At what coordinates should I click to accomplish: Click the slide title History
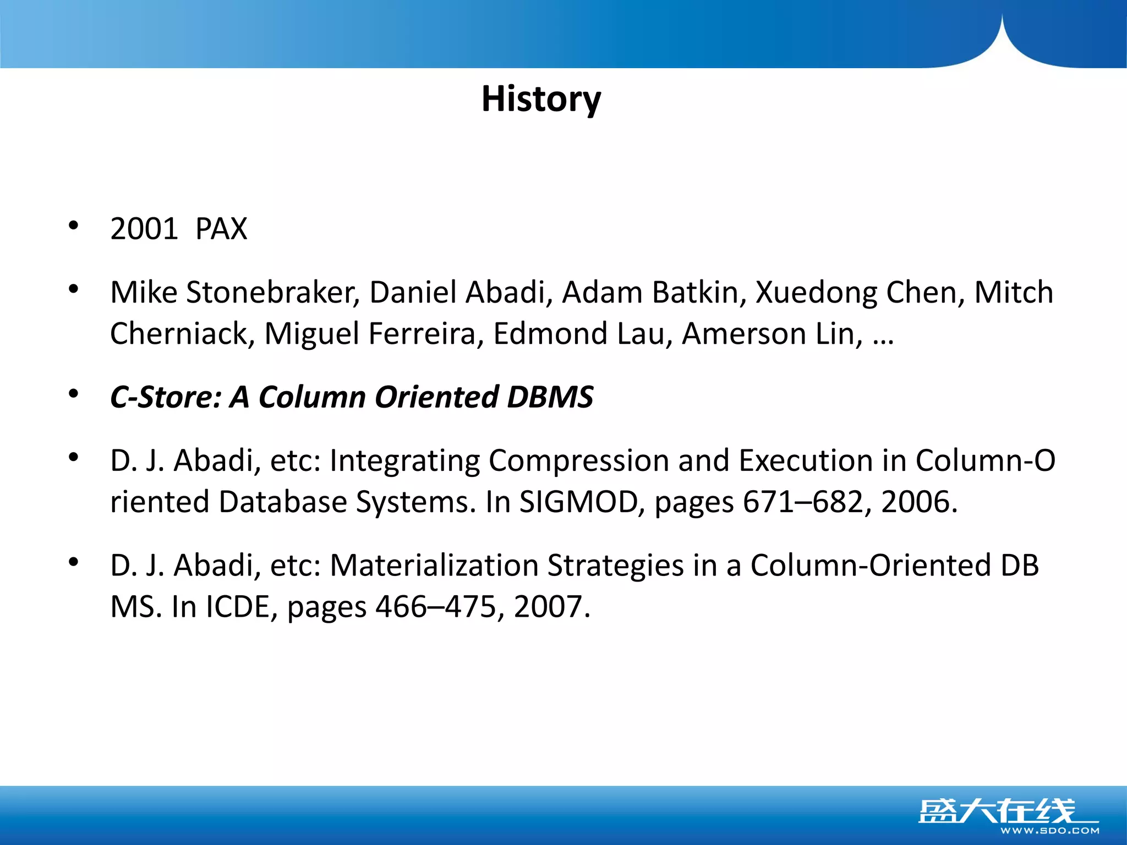(x=541, y=100)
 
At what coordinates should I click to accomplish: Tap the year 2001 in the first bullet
(x=144, y=229)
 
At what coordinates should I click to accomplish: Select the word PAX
(x=221, y=229)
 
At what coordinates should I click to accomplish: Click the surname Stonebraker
(x=272, y=292)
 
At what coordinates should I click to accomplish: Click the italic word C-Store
(x=166, y=397)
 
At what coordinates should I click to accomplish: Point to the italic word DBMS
(x=550, y=397)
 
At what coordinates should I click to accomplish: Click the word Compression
(x=578, y=461)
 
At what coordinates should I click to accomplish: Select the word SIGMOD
(x=578, y=502)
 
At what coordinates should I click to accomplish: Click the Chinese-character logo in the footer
(x=996, y=810)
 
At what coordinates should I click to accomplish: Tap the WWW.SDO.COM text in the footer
(x=1049, y=831)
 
